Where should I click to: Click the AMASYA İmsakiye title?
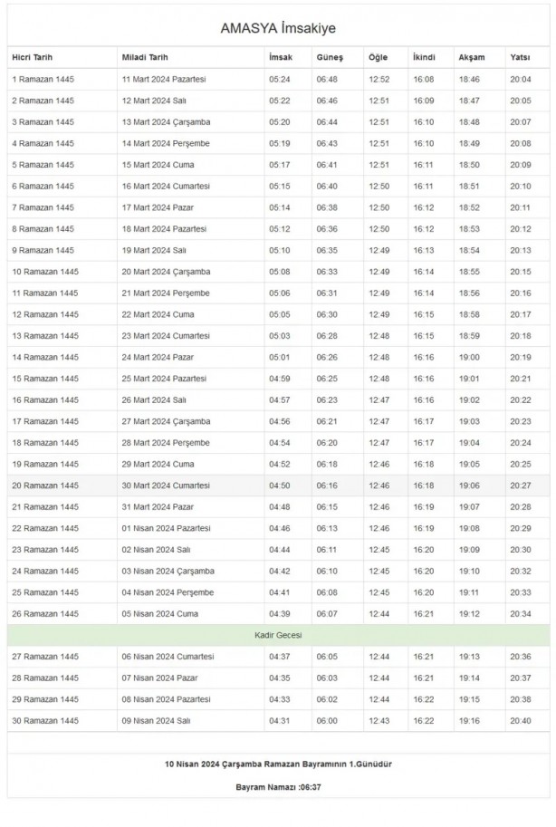pyautogui.click(x=277, y=28)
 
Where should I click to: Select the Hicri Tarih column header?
pyautogui.click(x=33, y=57)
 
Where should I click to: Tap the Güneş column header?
pyautogui.click(x=329, y=57)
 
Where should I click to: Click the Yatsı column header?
pyautogui.click(x=520, y=57)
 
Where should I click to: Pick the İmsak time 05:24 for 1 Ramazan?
pyautogui.click(x=280, y=79)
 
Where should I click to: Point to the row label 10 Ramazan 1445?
pyautogui.click(x=45, y=272)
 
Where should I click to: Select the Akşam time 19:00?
pyautogui.click(x=469, y=357)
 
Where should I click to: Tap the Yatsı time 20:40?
pyautogui.click(x=521, y=720)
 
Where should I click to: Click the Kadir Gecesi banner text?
pyautogui.click(x=277, y=635)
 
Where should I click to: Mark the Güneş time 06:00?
pyautogui.click(x=327, y=720)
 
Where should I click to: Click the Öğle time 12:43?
pyautogui.click(x=379, y=720)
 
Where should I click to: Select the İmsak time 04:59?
pyautogui.click(x=280, y=379)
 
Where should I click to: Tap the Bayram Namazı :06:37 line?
pyautogui.click(x=277, y=786)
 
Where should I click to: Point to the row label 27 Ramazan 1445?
pyautogui.click(x=45, y=657)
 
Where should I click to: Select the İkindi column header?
pyautogui.click(x=424, y=57)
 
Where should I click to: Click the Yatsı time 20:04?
pyautogui.click(x=521, y=79)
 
